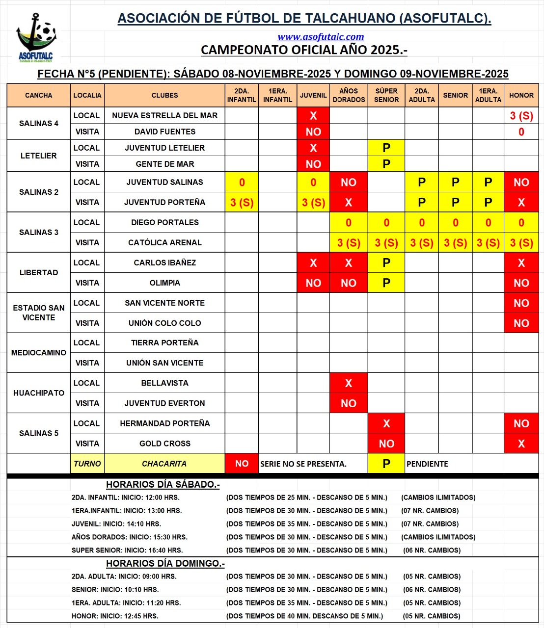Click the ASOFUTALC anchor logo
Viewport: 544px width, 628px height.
(x=35, y=37)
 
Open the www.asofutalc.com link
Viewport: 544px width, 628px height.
(x=321, y=37)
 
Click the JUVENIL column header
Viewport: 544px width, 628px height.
(x=313, y=95)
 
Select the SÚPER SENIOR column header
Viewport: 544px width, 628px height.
(x=386, y=95)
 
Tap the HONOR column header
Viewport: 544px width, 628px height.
(x=521, y=95)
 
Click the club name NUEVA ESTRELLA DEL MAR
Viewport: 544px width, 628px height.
(x=164, y=115)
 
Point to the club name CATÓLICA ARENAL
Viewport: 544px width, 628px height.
(x=164, y=242)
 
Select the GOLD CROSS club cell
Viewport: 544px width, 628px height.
(x=164, y=444)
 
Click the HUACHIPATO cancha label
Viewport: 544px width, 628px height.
(x=39, y=393)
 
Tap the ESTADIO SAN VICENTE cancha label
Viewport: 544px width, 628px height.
(x=39, y=313)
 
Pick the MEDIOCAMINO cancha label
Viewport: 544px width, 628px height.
(x=39, y=353)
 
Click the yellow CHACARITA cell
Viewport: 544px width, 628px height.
(x=164, y=464)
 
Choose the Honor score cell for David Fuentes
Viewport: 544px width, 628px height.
(x=521, y=131)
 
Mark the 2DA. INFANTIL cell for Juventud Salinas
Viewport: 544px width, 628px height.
(x=242, y=183)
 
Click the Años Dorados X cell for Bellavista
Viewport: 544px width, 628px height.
(x=349, y=383)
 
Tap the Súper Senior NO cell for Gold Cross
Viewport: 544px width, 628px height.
(x=386, y=444)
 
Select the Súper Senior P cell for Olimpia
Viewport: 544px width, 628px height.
(x=386, y=283)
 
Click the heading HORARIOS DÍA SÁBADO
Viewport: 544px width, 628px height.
(x=163, y=485)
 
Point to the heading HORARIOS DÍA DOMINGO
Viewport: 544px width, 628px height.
(x=165, y=564)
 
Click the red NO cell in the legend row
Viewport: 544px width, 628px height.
(x=242, y=464)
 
